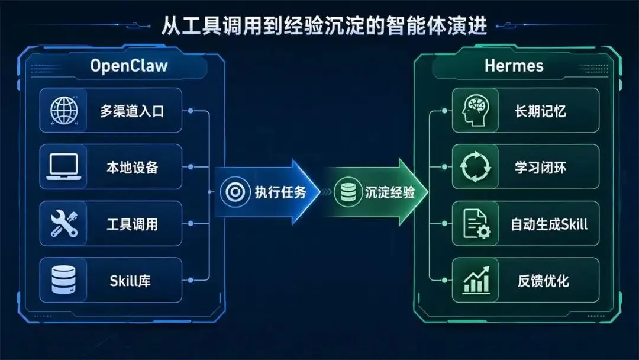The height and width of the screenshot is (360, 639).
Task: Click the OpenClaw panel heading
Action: click(x=129, y=65)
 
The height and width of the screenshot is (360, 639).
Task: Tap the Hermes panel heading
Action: click(x=514, y=65)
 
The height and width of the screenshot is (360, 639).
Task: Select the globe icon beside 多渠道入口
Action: click(x=63, y=110)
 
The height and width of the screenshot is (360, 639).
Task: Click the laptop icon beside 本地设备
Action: click(x=63, y=167)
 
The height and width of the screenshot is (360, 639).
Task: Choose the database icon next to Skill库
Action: click(x=63, y=280)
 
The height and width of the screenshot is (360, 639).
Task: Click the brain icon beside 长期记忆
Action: click(x=475, y=110)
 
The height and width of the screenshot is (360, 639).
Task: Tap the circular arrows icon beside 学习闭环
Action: click(x=476, y=167)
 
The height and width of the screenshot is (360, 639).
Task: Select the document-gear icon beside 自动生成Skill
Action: click(x=476, y=224)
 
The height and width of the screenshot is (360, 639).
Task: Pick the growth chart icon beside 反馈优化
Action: click(x=476, y=280)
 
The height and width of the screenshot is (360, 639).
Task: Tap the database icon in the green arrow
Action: click(x=345, y=192)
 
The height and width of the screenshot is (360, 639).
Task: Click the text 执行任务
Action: click(x=280, y=192)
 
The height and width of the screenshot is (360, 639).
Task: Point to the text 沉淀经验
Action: click(x=389, y=192)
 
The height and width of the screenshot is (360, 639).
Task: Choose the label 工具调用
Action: click(x=132, y=225)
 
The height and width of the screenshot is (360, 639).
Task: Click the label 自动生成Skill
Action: click(x=549, y=225)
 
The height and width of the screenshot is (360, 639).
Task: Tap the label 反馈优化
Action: click(x=540, y=281)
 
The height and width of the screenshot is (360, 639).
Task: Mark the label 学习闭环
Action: click(x=540, y=168)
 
